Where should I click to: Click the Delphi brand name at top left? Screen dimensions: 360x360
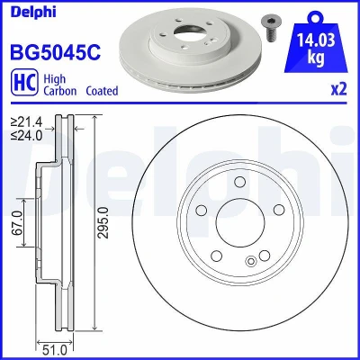(x=33, y=13)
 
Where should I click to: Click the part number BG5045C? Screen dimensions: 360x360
(x=56, y=52)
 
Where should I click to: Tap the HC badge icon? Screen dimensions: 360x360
(x=24, y=82)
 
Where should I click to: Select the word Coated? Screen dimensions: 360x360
(x=102, y=91)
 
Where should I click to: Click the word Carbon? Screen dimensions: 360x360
(x=60, y=91)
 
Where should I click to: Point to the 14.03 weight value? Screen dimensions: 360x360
(x=316, y=40)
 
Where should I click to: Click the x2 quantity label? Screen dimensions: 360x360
(x=338, y=89)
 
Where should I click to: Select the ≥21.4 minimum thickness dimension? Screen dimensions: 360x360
(x=26, y=122)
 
